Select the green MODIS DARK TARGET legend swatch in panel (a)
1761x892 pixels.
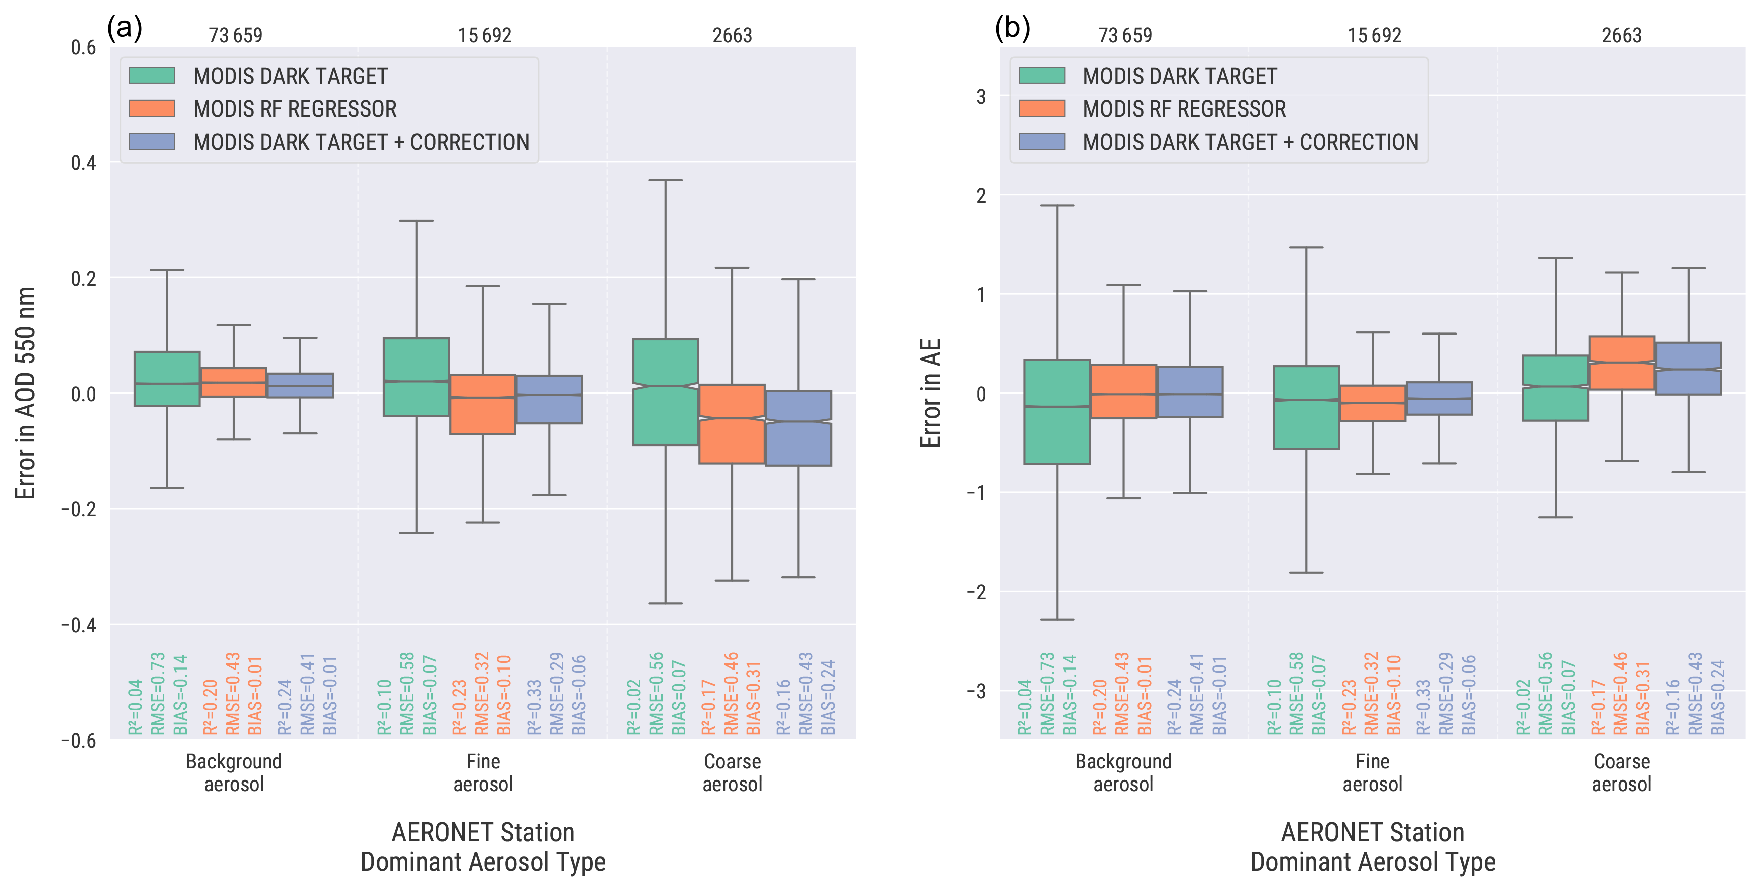(152, 75)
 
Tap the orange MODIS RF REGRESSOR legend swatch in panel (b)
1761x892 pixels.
(1041, 108)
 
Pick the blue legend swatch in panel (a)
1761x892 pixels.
(152, 142)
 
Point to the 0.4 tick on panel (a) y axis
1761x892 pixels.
(83, 163)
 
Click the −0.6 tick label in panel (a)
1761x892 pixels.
(78, 741)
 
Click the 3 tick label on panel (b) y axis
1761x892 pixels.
(981, 96)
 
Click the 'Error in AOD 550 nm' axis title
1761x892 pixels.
(25, 393)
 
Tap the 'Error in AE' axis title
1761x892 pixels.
(930, 393)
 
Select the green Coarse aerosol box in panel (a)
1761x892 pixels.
(665, 392)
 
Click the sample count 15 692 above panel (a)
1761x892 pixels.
(485, 35)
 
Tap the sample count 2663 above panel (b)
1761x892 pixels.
(1621, 35)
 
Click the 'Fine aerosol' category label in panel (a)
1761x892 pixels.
(483, 772)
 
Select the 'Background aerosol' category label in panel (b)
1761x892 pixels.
(1123, 772)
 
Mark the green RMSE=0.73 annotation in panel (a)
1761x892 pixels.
(158, 693)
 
